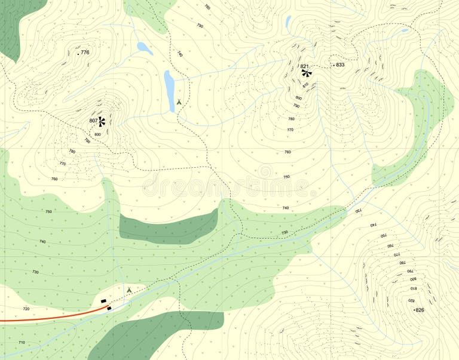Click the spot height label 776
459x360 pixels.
pos(84,53)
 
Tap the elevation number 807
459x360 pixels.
pos(93,121)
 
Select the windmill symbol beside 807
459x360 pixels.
pos(102,122)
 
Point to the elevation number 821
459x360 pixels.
pos(304,66)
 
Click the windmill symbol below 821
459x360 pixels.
pos(307,73)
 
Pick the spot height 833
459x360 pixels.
pos(339,64)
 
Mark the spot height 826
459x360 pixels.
pos(420,310)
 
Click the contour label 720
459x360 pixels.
pos(26,309)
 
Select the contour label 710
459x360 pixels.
pos(22,343)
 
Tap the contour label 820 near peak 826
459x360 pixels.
pos(412,300)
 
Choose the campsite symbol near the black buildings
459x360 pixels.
pos(128,290)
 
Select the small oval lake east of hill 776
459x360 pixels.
pos(144,48)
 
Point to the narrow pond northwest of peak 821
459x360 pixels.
pos(288,23)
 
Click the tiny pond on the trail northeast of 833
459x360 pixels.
pos(405,30)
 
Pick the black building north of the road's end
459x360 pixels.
pos(103,301)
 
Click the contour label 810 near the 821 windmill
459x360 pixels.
pos(305,85)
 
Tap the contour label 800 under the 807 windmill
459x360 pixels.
pos(97,134)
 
